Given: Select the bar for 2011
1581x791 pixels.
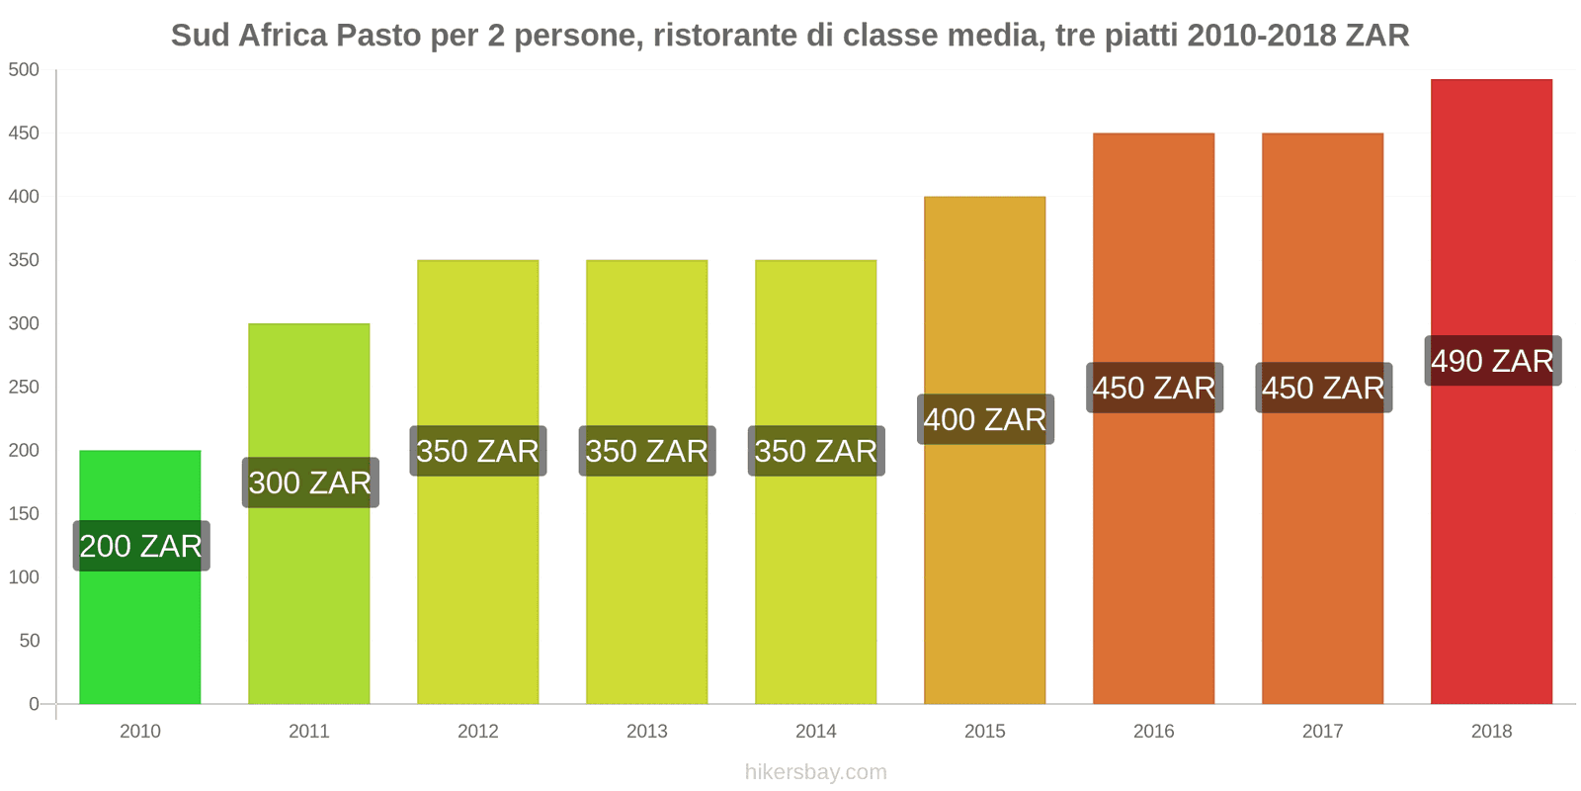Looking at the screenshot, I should click(x=308, y=593).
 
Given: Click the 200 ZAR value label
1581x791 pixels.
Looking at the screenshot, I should click(x=140, y=546).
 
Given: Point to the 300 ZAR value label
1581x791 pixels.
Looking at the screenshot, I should click(x=310, y=483).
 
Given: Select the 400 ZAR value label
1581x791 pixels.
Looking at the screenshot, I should click(x=985, y=419).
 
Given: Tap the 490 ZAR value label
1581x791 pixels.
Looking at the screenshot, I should click(x=1492, y=361).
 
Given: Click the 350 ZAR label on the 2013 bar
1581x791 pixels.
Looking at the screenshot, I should click(x=647, y=451).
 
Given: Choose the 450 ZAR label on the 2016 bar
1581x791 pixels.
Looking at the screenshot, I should click(x=1154, y=388).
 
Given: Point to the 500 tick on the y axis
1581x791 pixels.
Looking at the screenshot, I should click(x=24, y=70).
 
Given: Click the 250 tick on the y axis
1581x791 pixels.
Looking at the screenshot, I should click(x=24, y=387).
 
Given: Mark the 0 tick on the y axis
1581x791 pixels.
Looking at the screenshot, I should click(x=34, y=704).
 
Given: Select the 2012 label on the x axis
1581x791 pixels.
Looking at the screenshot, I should click(x=477, y=731).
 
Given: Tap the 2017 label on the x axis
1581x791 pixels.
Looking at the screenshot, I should click(x=1322, y=731).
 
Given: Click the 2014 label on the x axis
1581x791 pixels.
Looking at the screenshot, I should click(x=815, y=731).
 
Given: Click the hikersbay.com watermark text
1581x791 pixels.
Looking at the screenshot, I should click(x=815, y=772).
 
